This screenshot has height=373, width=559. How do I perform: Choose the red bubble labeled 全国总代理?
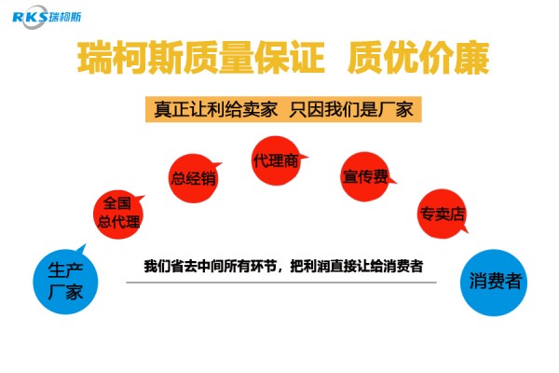tap(118, 212)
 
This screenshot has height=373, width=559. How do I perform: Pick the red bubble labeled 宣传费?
tap(363, 174)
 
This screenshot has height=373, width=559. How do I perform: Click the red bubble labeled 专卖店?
tap(442, 213)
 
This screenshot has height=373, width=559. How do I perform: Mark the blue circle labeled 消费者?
tap(495, 281)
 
